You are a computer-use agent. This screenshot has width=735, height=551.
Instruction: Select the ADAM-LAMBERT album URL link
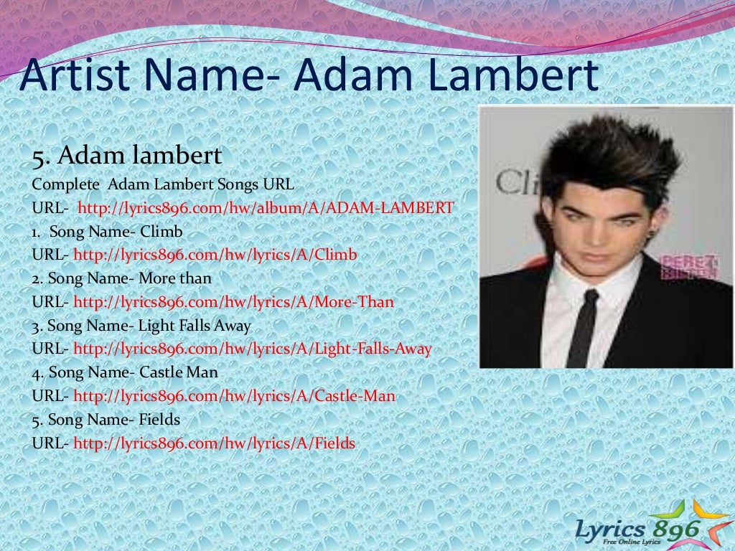(266, 208)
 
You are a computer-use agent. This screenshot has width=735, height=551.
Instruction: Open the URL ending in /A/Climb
(215, 255)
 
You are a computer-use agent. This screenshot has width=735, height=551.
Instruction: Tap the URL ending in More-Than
(234, 302)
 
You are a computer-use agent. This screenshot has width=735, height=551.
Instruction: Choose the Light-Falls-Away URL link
(253, 349)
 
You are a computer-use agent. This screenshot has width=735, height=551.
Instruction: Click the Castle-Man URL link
(234, 396)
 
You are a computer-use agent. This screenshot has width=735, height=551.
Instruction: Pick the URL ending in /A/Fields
(215, 443)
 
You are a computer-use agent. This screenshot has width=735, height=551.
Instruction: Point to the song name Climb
(161, 232)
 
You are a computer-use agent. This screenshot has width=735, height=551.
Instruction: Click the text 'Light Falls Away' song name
(195, 326)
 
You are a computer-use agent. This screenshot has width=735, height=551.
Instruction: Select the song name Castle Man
(179, 373)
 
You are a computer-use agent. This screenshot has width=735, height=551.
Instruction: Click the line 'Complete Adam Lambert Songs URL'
(162, 184)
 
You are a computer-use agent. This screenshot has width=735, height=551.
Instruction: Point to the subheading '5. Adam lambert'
(126, 155)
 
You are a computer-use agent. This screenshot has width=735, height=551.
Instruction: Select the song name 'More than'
(175, 279)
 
